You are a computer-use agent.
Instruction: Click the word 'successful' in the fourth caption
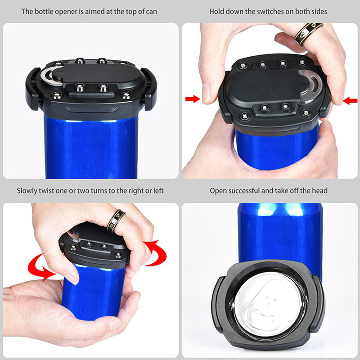click(244, 191)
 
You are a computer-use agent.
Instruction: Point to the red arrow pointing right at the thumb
click(193, 99)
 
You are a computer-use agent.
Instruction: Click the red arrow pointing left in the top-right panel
click(350, 100)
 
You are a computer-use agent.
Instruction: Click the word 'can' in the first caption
click(151, 12)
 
